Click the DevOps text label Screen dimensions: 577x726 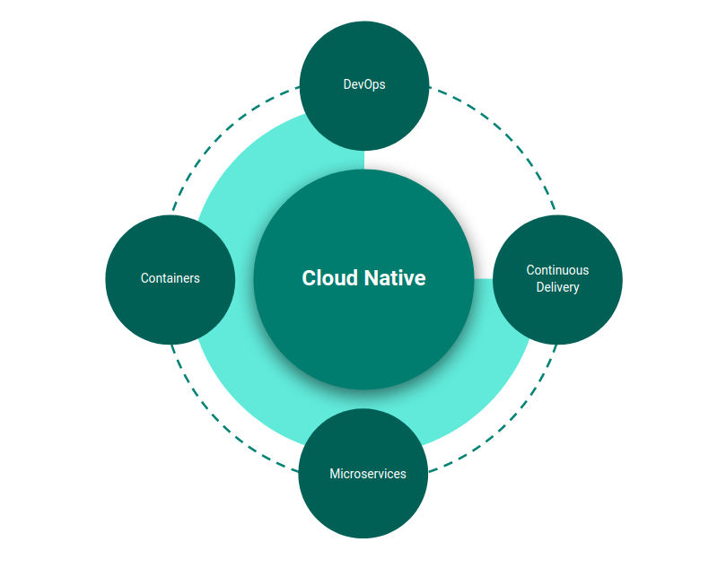pyautogui.click(x=363, y=84)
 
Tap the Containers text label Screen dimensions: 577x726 pyautogui.click(x=171, y=278)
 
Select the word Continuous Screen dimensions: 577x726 pyautogui.click(x=557, y=270)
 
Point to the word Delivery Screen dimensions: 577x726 pyautogui.click(x=557, y=287)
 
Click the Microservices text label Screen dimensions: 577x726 pyautogui.click(x=368, y=473)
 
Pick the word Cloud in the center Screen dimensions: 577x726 pyautogui.click(x=329, y=278)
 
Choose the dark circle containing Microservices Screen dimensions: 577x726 pyautogui.click(x=363, y=507)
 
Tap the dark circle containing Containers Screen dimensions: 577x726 pyautogui.click(x=171, y=314)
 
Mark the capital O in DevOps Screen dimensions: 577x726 pyautogui.click(x=368, y=84)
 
